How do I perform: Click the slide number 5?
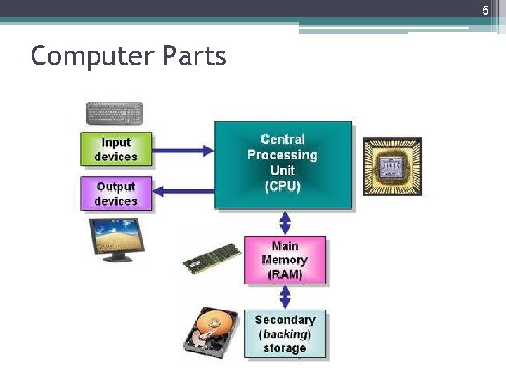point(484,11)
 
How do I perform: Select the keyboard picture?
point(114,113)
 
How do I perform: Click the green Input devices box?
point(115,149)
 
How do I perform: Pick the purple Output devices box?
point(115,194)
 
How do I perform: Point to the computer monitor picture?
point(117,239)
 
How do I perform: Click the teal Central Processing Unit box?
point(283,164)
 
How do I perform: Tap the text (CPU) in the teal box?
point(283,187)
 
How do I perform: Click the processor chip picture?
point(392,166)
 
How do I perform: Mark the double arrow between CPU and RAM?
point(285,222)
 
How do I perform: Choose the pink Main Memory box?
point(285,260)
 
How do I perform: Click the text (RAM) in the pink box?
point(285,274)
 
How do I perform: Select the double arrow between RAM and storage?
point(285,296)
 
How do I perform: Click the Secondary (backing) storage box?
point(285,334)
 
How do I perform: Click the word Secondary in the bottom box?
point(285,320)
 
